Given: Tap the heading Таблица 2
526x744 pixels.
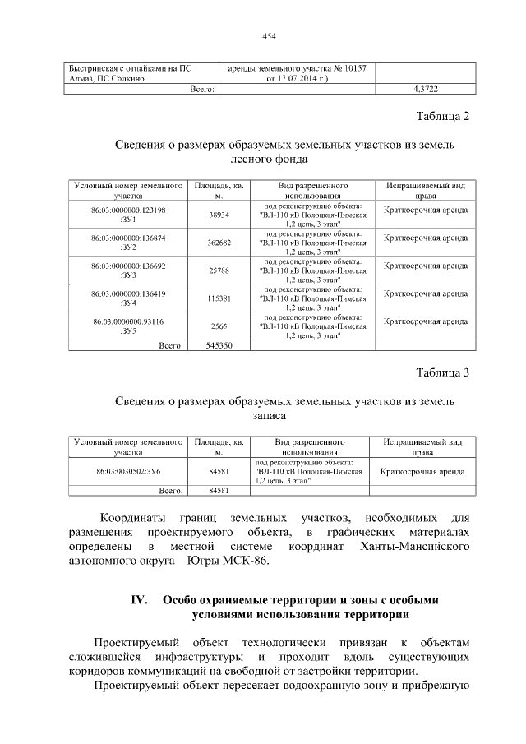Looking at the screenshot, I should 442,116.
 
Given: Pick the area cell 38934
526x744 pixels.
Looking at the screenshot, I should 219,215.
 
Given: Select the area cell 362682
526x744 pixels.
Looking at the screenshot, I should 219,243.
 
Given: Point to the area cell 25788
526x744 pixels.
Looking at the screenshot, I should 219,270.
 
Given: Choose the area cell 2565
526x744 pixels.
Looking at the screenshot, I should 219,326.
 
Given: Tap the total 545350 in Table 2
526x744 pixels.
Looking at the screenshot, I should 219,345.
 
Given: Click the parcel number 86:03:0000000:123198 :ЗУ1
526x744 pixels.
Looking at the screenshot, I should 128,215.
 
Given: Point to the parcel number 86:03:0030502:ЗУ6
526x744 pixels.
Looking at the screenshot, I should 128,472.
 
